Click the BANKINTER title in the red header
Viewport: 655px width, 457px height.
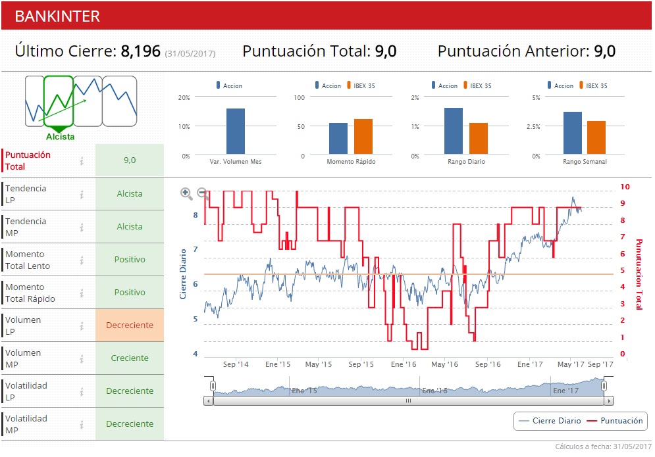coord(57,16)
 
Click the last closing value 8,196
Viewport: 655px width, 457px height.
coord(140,51)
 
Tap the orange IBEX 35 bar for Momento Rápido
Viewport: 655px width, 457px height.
coord(363,137)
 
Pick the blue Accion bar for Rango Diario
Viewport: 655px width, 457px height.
coord(453,131)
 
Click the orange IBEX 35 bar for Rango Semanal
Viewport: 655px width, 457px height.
coord(596,137)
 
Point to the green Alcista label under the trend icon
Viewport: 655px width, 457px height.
coord(60,137)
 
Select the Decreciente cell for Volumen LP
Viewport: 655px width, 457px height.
coord(130,325)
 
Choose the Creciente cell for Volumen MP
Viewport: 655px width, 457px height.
coord(130,358)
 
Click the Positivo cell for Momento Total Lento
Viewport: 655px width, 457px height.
coord(130,260)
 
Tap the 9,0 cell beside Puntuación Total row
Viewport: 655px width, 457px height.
coord(130,160)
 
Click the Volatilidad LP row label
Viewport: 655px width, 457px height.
coord(26,391)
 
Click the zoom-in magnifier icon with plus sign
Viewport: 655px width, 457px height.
coord(186,193)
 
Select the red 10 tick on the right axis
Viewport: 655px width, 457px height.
coord(625,187)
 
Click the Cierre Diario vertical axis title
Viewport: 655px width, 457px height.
coord(184,274)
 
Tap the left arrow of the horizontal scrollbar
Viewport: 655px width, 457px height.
coord(209,400)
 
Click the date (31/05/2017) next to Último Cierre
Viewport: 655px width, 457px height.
coord(190,53)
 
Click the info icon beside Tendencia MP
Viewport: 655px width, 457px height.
coord(82,227)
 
